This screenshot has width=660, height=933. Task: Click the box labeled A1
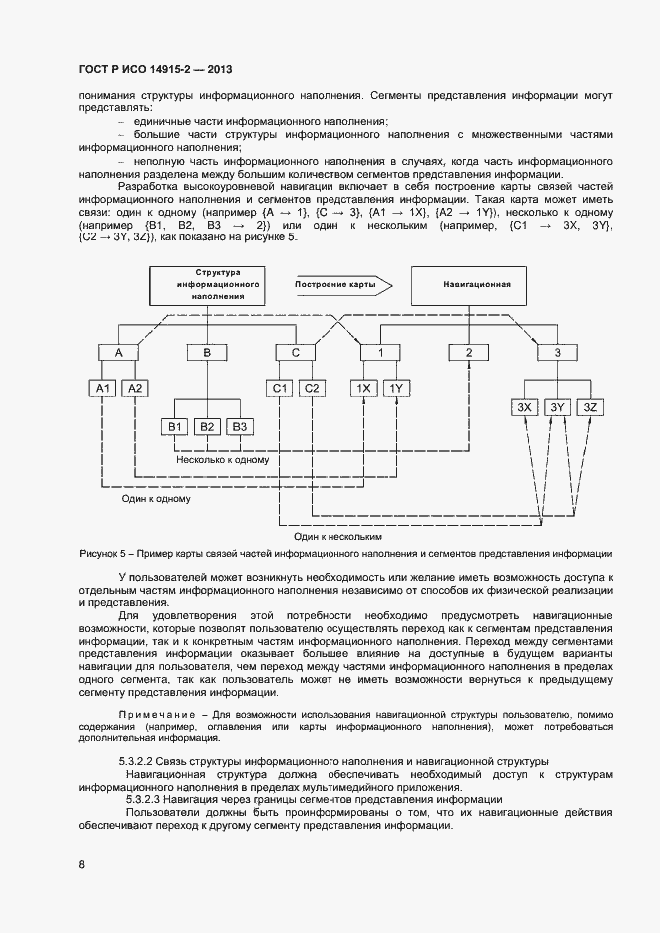click(x=103, y=388)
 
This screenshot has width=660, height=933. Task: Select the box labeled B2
click(x=207, y=427)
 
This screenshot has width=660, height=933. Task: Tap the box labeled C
click(x=295, y=352)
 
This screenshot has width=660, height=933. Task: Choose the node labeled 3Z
click(x=589, y=407)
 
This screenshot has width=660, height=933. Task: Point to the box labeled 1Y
click(x=396, y=388)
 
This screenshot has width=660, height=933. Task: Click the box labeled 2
click(x=469, y=352)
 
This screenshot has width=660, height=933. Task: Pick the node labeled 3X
click(x=525, y=407)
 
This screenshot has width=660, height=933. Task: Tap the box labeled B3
click(x=240, y=427)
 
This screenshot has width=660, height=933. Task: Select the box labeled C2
click(x=312, y=388)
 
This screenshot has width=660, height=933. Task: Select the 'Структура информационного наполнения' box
click(x=208, y=285)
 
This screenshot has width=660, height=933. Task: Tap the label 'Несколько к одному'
click(x=222, y=460)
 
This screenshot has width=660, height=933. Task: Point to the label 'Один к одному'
click(x=156, y=496)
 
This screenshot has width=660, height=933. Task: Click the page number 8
click(x=81, y=864)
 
